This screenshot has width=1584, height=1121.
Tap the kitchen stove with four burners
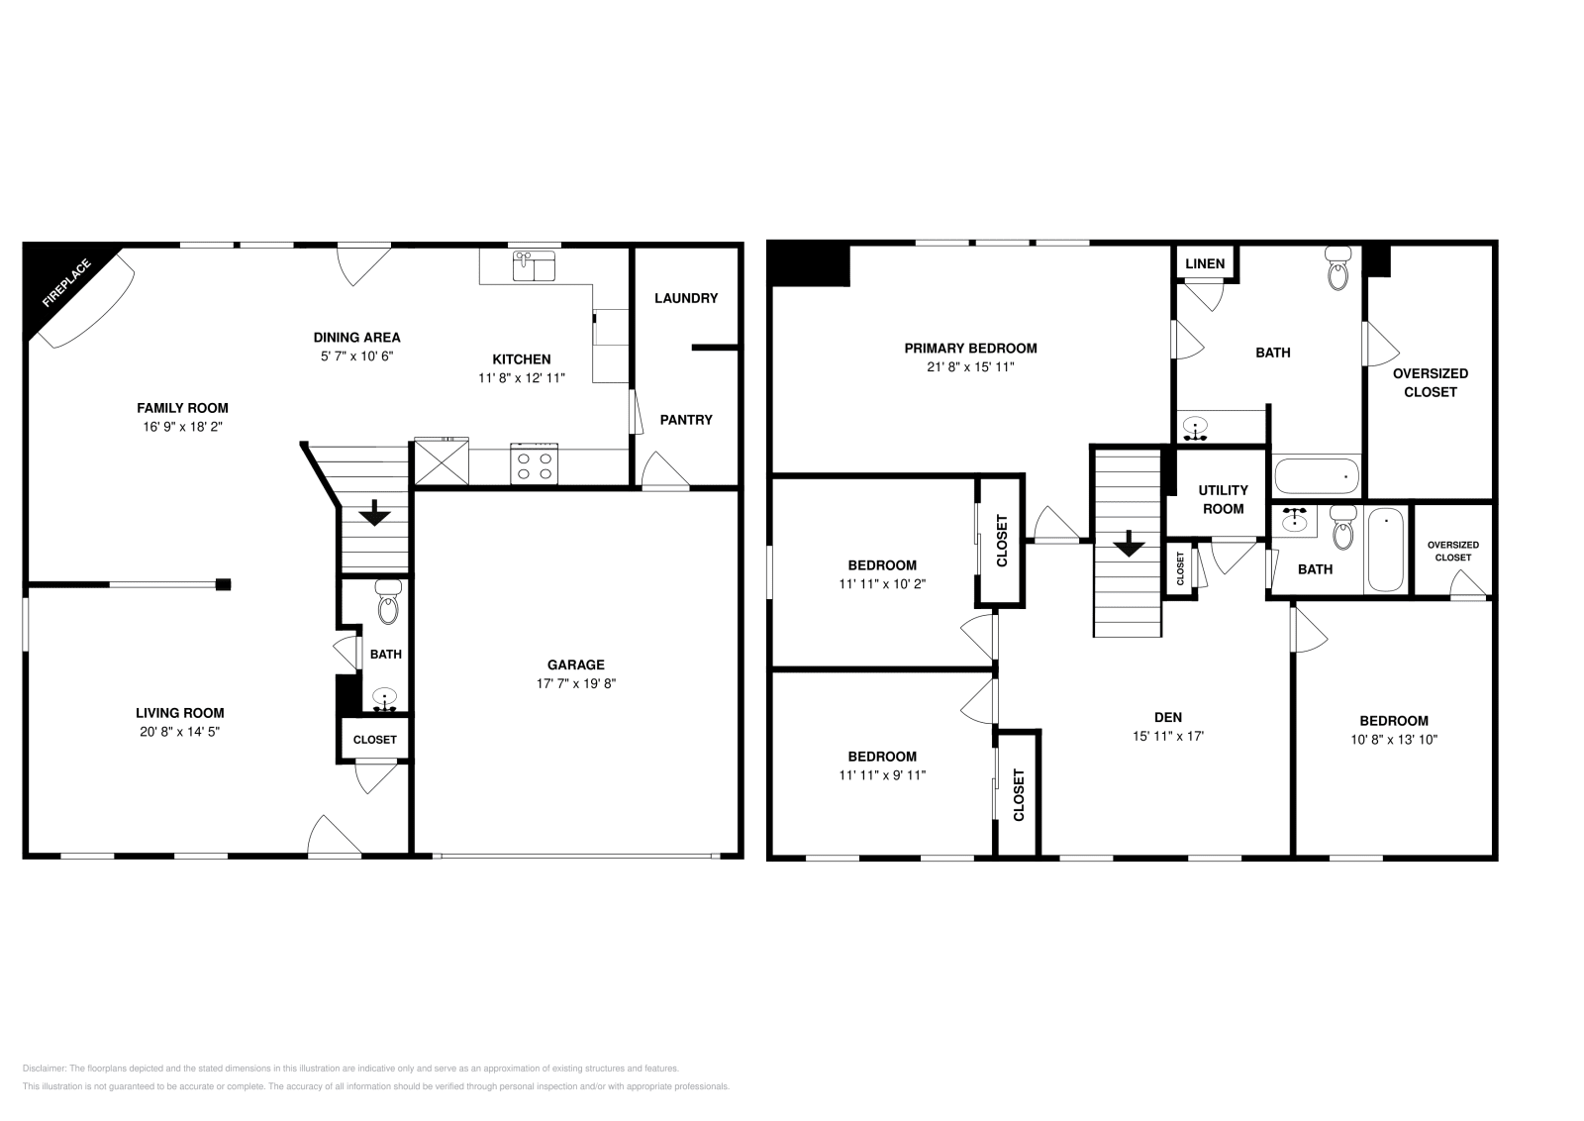pyautogui.click(x=535, y=463)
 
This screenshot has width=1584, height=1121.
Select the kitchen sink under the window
pyautogui.click(x=534, y=266)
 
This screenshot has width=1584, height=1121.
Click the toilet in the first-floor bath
pyautogui.click(x=387, y=603)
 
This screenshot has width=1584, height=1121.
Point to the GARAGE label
pyautogui.click(x=575, y=664)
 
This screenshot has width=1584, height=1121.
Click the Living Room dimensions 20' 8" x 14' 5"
pyautogui.click(x=179, y=732)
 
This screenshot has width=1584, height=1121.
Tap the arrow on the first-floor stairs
pyautogui.click(x=374, y=513)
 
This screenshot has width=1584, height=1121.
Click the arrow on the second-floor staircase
pyautogui.click(x=1128, y=544)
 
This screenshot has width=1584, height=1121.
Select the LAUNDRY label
pyautogui.click(x=685, y=298)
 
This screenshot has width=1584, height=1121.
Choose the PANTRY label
pyautogui.click(x=685, y=420)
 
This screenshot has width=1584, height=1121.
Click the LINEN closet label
pyautogui.click(x=1205, y=263)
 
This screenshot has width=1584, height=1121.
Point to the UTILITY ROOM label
pyautogui.click(x=1223, y=499)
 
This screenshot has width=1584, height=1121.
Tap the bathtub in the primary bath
pyautogui.click(x=1317, y=477)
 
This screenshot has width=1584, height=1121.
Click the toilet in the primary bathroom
pyautogui.click(x=1338, y=268)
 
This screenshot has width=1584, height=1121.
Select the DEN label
pyautogui.click(x=1167, y=717)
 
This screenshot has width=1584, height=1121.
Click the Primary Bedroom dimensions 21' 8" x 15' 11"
pyautogui.click(x=970, y=366)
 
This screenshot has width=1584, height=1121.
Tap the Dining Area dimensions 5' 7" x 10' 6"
pyautogui.click(x=356, y=356)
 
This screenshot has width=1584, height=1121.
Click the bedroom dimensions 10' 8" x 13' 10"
pyautogui.click(x=1393, y=739)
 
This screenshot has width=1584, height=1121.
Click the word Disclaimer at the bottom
pyautogui.click(x=44, y=1069)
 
